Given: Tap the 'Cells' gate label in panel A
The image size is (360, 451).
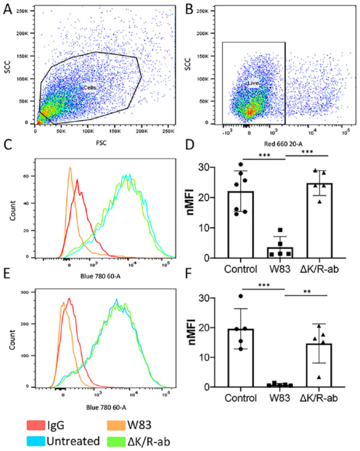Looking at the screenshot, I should tap(89, 87).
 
